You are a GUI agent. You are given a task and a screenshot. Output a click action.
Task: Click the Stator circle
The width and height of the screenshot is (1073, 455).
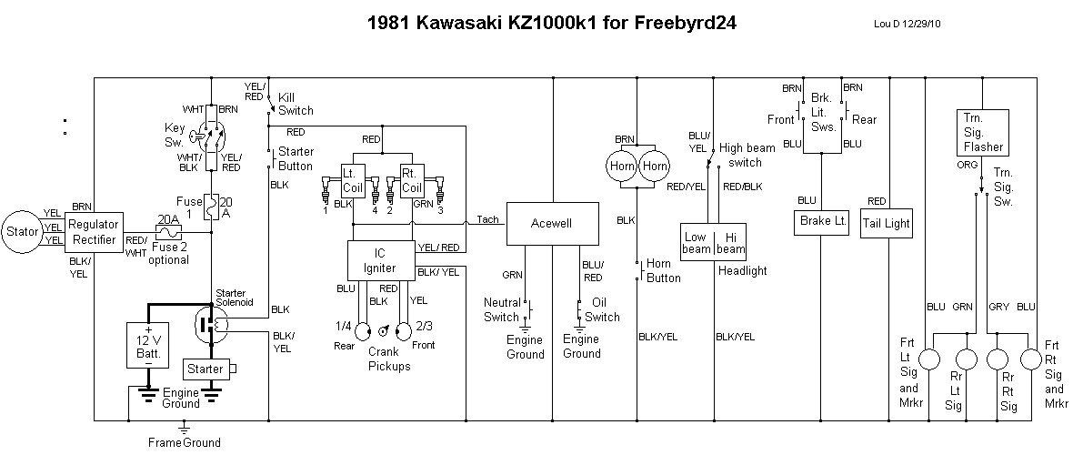[x=23, y=231]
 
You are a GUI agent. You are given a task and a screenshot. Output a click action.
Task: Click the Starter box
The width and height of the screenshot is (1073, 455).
[x=206, y=369]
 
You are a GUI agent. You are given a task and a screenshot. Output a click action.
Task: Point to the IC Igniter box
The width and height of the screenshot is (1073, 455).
[x=380, y=260]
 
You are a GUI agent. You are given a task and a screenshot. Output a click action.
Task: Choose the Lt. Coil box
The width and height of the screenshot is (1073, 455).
[x=352, y=180]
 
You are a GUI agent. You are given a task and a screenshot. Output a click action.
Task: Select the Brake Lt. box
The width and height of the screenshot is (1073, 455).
[x=821, y=221]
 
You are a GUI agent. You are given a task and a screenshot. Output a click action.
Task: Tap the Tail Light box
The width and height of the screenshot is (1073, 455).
[x=886, y=224]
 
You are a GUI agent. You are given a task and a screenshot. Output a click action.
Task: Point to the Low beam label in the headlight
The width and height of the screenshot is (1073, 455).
[x=696, y=243]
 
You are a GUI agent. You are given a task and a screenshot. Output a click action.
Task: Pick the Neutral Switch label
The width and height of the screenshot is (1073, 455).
[x=502, y=310]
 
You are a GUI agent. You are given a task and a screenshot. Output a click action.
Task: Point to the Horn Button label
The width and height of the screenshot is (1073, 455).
[x=663, y=271]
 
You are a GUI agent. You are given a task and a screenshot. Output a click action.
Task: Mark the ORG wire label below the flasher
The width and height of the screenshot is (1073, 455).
[x=968, y=166]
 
